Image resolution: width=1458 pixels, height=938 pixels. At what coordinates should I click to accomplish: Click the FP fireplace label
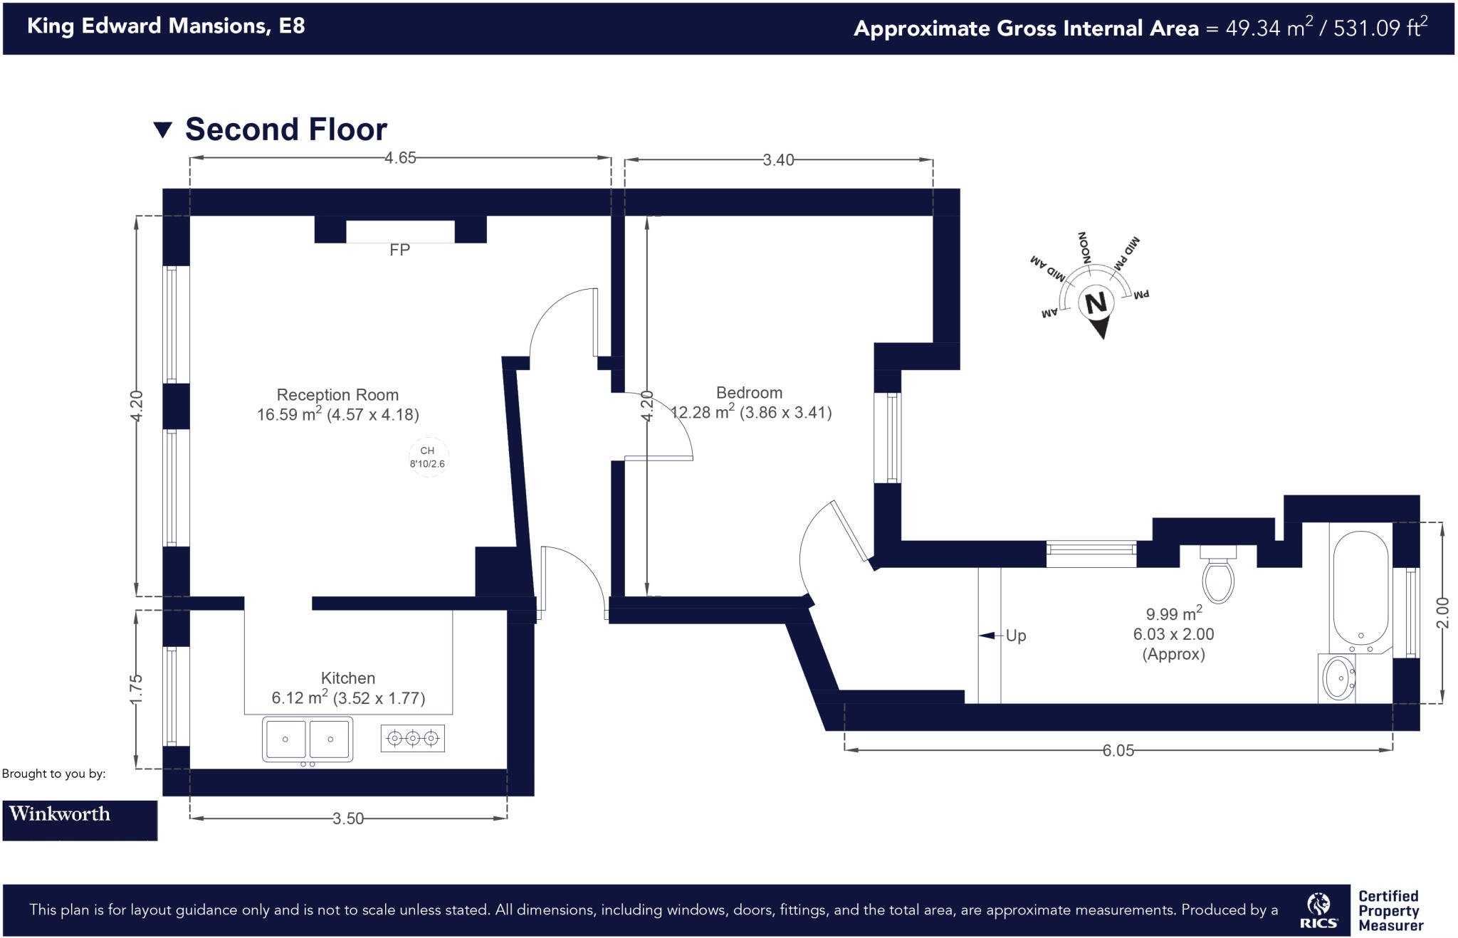[x=399, y=250]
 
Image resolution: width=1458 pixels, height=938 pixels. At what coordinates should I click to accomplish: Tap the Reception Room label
[x=337, y=395]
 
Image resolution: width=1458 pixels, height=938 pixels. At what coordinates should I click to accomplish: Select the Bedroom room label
[x=749, y=393]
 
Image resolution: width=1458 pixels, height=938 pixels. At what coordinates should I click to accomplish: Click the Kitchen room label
[x=347, y=678]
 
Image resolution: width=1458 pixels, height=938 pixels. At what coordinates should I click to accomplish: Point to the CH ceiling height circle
[x=428, y=457]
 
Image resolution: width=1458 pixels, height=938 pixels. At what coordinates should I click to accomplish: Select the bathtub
[x=1360, y=587]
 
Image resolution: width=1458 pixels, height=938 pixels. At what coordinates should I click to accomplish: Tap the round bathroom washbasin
[x=1338, y=678]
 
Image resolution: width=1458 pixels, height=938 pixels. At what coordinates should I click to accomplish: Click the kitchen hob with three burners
[x=413, y=739]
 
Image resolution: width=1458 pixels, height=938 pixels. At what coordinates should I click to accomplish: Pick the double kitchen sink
[x=308, y=739]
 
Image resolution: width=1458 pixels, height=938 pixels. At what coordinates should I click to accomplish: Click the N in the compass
[x=1096, y=303]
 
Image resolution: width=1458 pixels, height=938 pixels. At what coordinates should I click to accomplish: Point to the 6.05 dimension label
[x=1118, y=751]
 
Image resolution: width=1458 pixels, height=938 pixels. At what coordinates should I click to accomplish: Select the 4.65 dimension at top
[x=400, y=158]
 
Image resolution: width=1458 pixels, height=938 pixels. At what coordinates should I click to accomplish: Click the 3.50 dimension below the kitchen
[x=347, y=819]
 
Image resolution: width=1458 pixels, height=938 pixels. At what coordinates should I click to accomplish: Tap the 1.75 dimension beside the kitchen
[x=136, y=688]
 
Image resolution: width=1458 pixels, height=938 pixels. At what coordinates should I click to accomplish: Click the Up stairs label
[x=1015, y=636]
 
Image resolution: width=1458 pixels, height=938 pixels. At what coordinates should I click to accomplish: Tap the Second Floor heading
[x=285, y=130]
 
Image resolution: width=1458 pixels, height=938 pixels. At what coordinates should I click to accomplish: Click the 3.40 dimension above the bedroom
[x=778, y=160]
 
